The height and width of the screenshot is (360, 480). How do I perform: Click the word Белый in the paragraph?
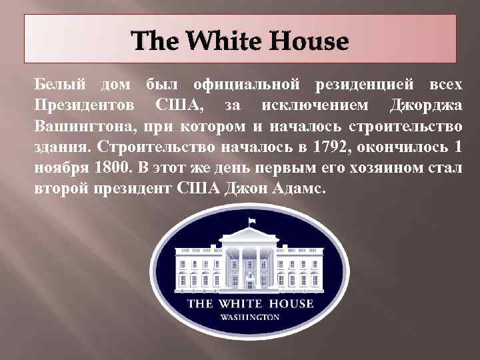click(x=59, y=85)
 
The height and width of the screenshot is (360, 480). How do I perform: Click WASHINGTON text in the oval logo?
click(x=249, y=317)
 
